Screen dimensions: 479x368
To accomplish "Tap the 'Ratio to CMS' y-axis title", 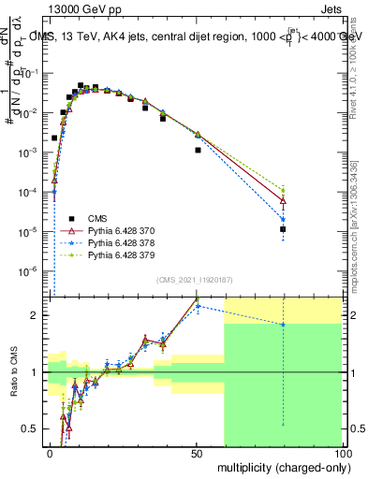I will point(13,372).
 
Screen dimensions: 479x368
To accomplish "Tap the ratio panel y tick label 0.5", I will point(32,429).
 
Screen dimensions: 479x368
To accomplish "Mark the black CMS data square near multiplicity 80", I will point(283,228).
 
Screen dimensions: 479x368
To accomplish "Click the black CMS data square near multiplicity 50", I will point(198,150).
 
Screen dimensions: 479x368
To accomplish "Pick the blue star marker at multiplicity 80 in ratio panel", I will point(283,324).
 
